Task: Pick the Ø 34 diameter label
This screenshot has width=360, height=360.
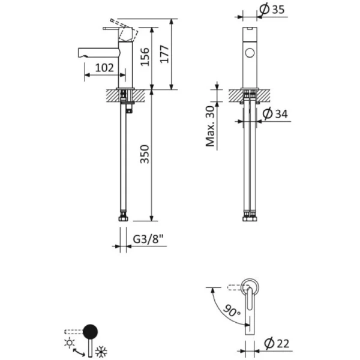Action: [x=277, y=113]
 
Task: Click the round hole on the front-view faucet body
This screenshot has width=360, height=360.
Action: [x=250, y=54]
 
